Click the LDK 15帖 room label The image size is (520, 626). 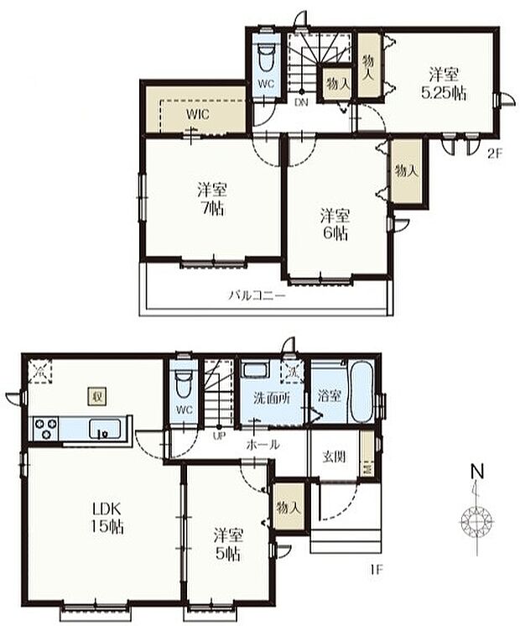tap(107, 519)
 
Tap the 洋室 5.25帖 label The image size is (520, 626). tap(444, 84)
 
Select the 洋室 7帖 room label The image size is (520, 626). tap(212, 199)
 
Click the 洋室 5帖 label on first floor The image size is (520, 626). tap(228, 545)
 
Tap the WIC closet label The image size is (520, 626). tap(198, 115)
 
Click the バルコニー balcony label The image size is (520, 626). tap(257, 296)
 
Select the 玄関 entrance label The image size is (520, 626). tap(334, 456)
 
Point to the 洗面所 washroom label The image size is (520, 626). tap(272, 398)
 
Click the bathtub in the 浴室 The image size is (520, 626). tap(362, 392)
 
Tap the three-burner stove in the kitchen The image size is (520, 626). tap(46, 429)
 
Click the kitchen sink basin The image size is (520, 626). tap(105, 429)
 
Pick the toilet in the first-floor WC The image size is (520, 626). tap(183, 384)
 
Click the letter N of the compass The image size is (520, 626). tap(478, 472)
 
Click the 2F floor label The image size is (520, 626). tap(494, 154)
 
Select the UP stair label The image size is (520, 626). tap(219, 436)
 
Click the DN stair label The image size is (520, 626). tap(301, 102)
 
